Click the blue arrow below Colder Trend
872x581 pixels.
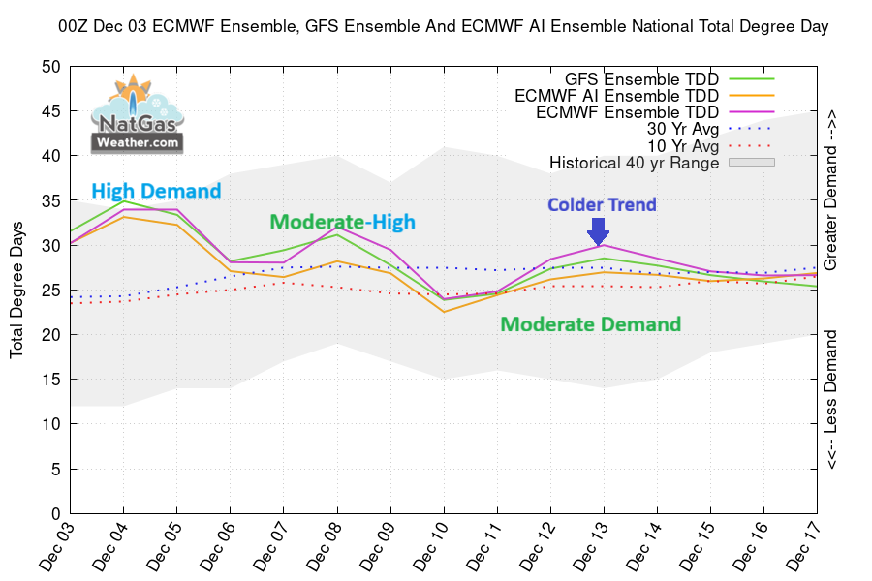tap(598, 232)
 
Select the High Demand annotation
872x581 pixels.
tap(156, 191)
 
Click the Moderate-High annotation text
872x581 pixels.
tap(342, 222)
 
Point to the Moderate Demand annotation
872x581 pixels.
tap(590, 324)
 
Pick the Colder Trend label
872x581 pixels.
tap(602, 204)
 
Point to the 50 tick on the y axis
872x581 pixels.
tap(51, 67)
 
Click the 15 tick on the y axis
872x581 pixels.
tap(51, 380)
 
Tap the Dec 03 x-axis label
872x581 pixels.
tap(58, 547)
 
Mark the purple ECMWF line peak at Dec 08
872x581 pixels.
tap(337, 229)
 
